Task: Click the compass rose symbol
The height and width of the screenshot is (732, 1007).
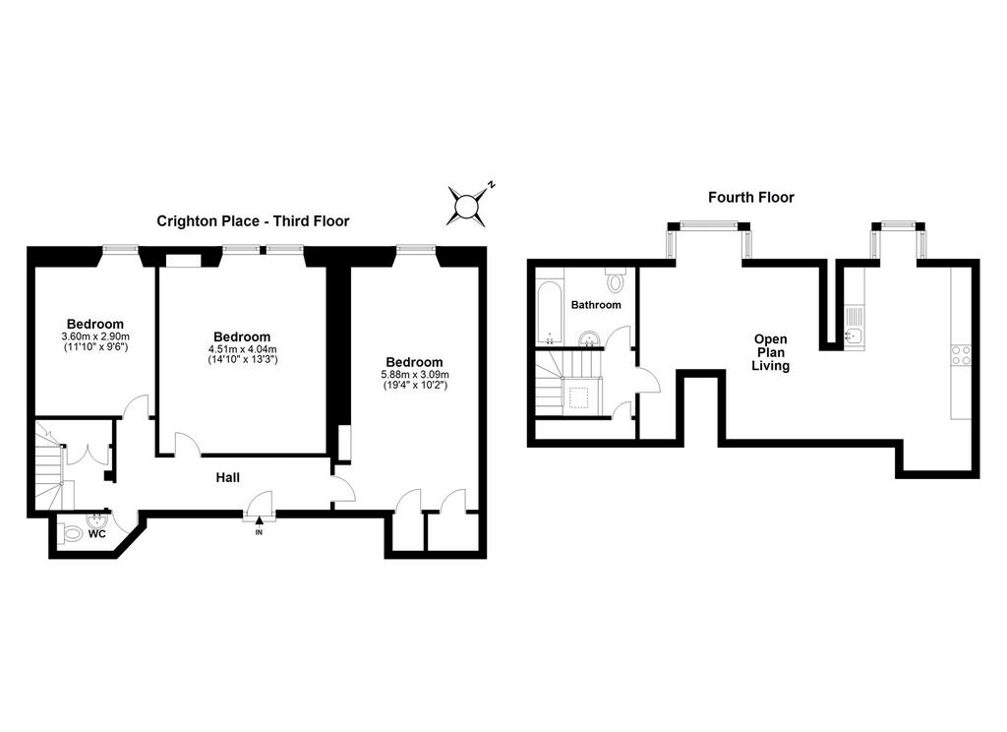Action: [x=466, y=207]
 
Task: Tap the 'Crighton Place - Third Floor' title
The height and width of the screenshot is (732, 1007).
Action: [x=253, y=221]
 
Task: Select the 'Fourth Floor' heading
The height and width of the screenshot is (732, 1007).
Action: [x=750, y=198]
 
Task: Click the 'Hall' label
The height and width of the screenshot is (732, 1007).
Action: [x=228, y=477]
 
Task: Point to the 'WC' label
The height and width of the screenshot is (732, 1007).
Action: [x=97, y=534]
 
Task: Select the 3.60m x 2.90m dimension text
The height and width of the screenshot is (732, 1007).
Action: [x=95, y=336]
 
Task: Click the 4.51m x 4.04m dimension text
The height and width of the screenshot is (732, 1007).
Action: [x=242, y=349]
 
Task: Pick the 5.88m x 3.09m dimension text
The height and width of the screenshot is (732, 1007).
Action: [x=414, y=375]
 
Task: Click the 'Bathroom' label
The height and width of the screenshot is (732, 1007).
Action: [x=596, y=305]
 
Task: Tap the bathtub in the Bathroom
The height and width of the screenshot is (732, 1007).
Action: [x=549, y=312]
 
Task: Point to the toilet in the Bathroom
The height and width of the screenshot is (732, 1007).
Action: [x=617, y=279]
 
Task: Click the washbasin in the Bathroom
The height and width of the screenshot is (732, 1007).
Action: [x=589, y=338]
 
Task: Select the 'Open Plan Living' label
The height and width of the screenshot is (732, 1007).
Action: [x=771, y=352]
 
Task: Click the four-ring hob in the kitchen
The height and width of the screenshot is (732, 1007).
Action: [x=962, y=355]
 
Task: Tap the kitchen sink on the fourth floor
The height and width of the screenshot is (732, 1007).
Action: [x=854, y=327]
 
